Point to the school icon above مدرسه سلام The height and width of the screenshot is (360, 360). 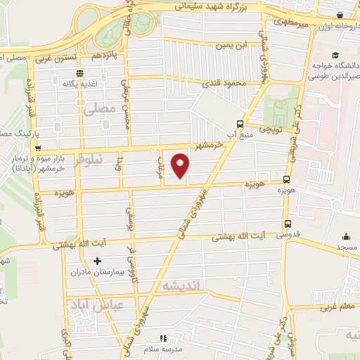[163, 338]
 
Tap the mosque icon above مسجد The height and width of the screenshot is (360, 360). [345, 237]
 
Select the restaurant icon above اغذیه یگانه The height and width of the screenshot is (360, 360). [81, 72]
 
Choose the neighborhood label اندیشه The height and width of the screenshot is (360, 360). [181, 285]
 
